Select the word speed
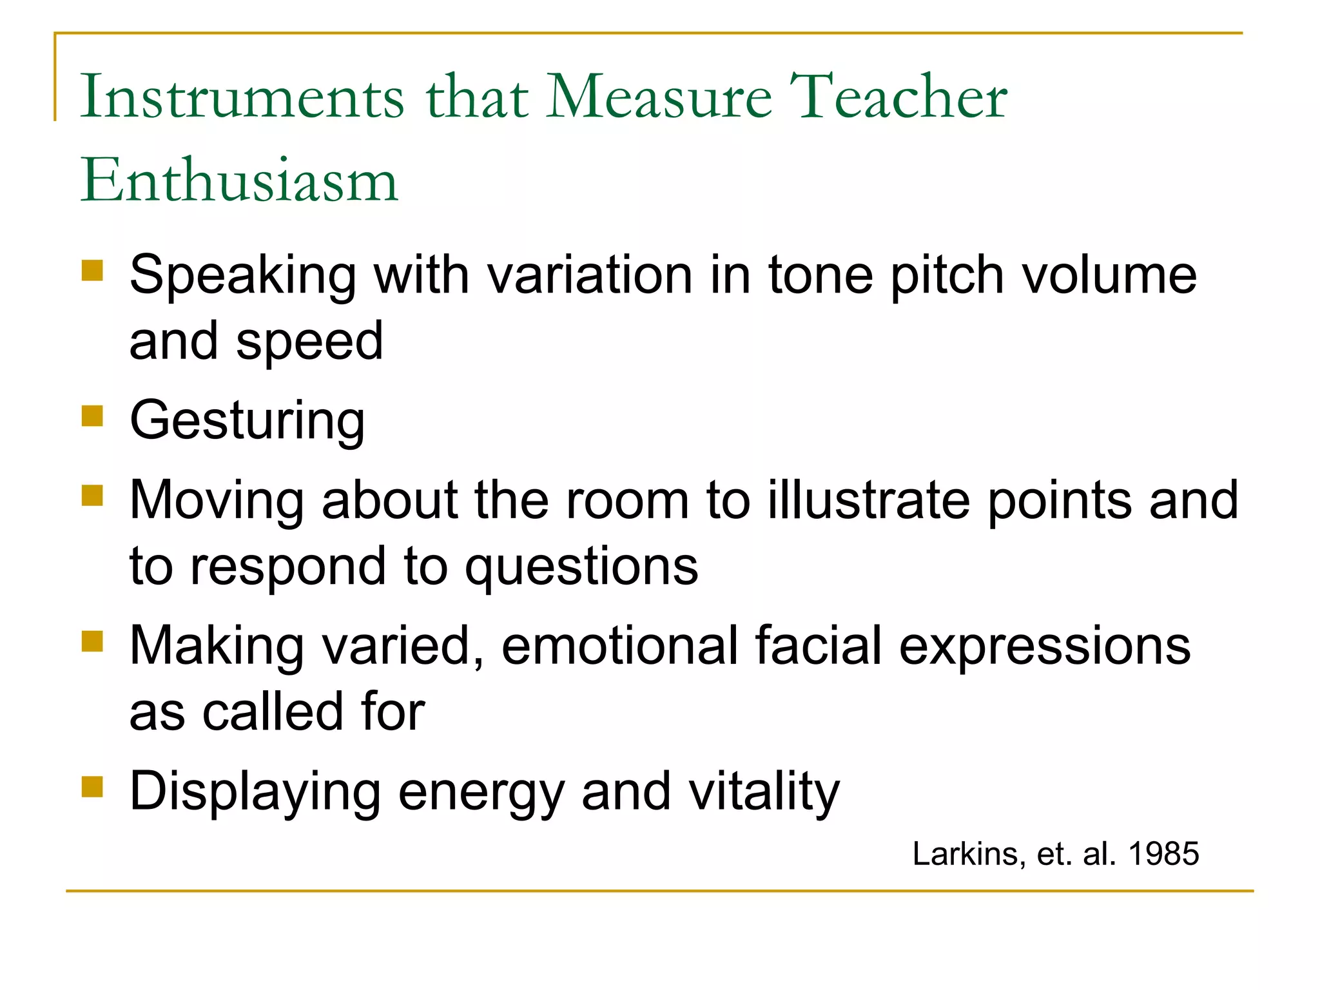tap(309, 342)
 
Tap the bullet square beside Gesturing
tap(92, 416)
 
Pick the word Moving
tap(217, 501)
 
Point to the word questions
tap(581, 567)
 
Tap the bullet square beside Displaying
tap(92, 786)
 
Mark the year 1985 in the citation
tap(1163, 854)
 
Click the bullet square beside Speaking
tap(92, 270)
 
